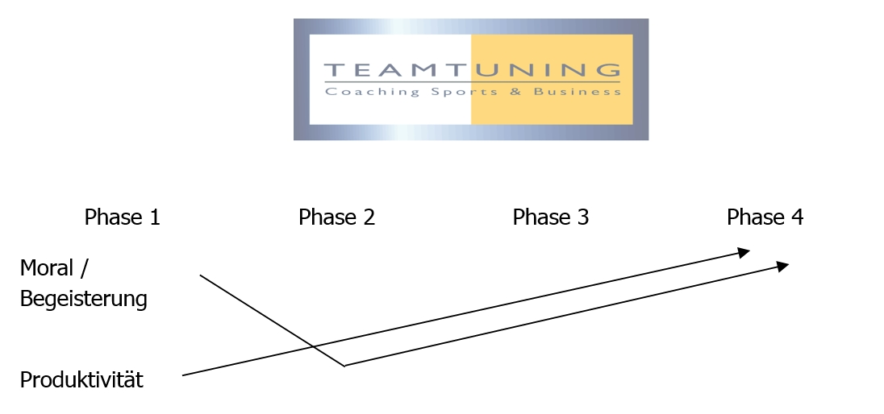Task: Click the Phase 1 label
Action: click(123, 217)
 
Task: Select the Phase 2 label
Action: click(336, 217)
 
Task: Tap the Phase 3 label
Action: click(551, 217)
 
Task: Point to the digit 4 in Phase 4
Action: click(797, 217)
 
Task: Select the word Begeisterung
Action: click(84, 300)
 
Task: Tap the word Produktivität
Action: click(81, 381)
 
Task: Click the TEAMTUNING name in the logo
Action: click(472, 69)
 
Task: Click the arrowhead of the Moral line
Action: click(783, 266)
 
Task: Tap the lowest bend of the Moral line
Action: click(344, 366)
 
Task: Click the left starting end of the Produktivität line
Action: click(183, 375)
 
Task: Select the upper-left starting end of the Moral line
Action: click(200, 275)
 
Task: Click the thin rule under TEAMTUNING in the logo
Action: click(472, 82)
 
